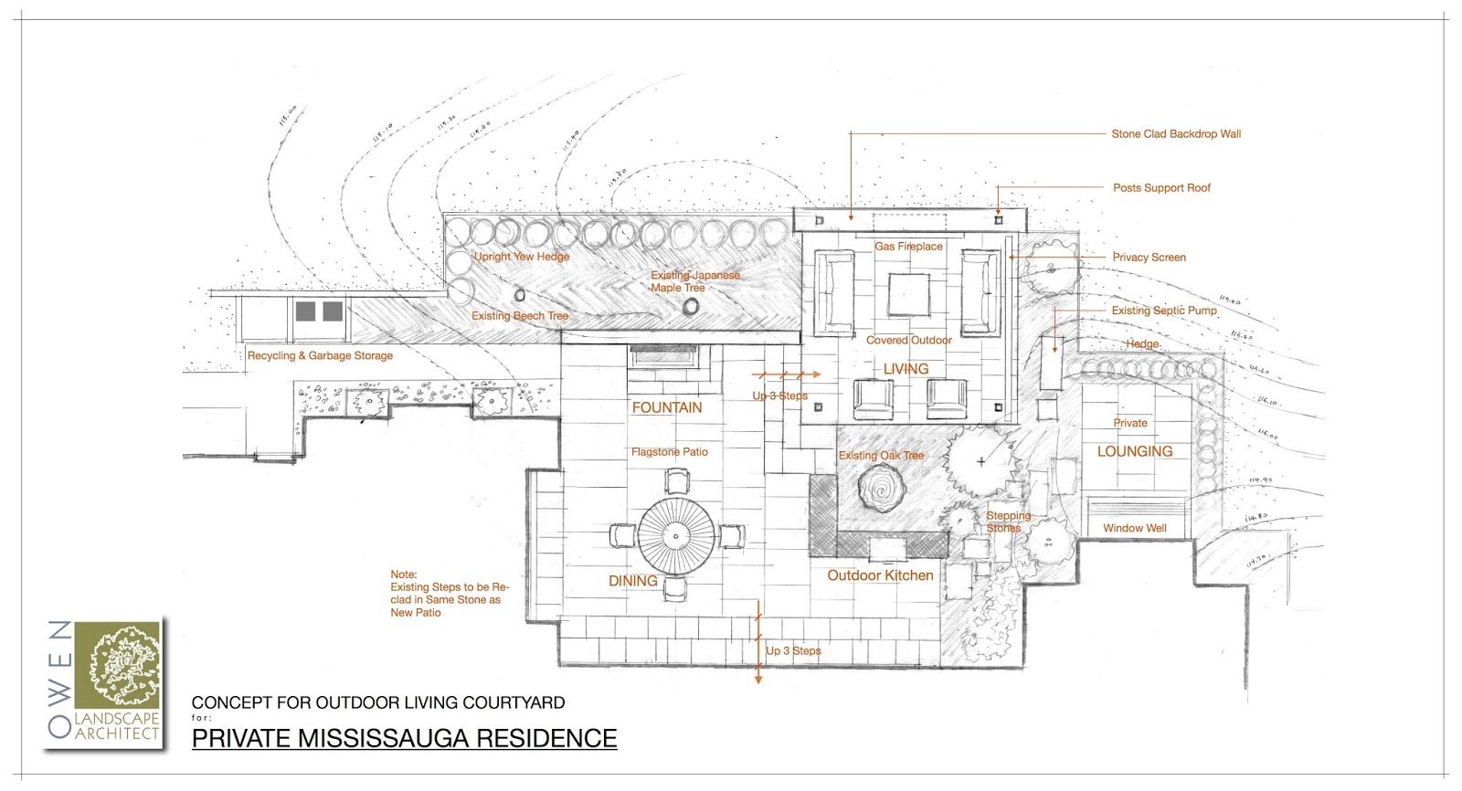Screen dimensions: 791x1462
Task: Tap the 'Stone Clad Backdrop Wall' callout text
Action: tap(1176, 133)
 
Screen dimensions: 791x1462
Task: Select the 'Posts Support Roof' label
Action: tap(1161, 188)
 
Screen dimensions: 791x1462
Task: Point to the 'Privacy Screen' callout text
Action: tap(1149, 258)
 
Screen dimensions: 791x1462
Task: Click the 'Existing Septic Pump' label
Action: tap(1164, 311)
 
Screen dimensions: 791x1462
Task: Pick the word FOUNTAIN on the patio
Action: tap(667, 407)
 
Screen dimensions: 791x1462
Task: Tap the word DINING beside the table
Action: tap(632, 581)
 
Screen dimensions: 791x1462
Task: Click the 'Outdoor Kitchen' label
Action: tap(880, 575)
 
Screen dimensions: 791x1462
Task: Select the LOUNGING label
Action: tap(1134, 451)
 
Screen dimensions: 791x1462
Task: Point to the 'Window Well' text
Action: tap(1134, 528)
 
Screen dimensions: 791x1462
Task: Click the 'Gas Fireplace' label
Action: tap(908, 247)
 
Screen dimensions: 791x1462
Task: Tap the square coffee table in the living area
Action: tap(909, 295)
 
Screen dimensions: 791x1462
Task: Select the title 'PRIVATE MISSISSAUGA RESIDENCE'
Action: tap(404, 738)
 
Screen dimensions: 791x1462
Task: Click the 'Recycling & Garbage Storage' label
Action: tap(320, 355)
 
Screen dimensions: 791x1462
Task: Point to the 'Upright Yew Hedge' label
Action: tap(521, 257)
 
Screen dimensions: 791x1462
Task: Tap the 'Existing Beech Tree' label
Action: tap(520, 316)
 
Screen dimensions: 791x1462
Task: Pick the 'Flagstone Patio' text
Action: tap(669, 452)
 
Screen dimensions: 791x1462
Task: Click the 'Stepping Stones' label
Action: tap(1007, 522)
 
